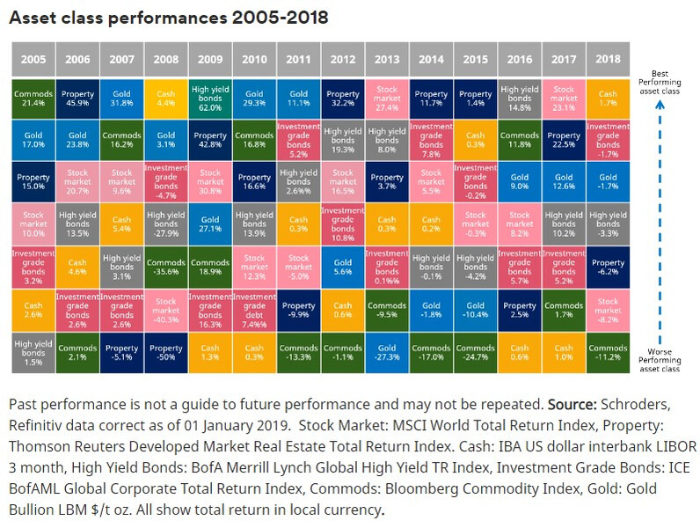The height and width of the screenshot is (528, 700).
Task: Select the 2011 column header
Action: click(297, 59)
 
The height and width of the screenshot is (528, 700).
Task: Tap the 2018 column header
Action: click(608, 59)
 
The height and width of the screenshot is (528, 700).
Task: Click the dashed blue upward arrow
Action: click(660, 220)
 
